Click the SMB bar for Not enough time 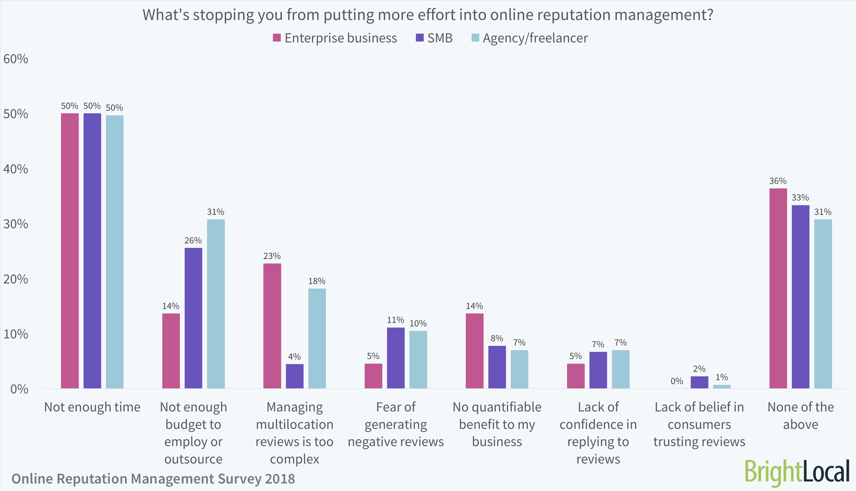pos(92,251)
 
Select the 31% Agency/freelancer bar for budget pos(216,304)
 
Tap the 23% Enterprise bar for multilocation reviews pos(272,326)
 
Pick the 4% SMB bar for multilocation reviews pos(294,376)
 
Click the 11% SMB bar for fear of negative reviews pos(395,358)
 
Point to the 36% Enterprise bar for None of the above pos(778,288)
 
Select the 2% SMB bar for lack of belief pos(699,382)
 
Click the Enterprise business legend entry pos(335,38)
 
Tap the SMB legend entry pos(434,38)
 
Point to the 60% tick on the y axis pos(16,59)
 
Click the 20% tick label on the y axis pos(16,279)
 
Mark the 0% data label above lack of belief pos(677,381)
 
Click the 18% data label pos(317,281)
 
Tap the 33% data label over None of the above pos(800,198)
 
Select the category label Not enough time pos(92,407)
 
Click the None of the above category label pos(800,415)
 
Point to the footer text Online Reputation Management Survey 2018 pos(153,479)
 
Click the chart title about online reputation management pos(428,15)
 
